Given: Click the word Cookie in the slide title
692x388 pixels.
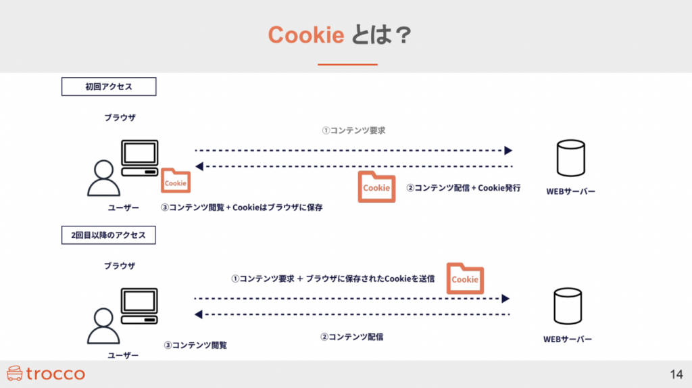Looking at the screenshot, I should [x=306, y=34].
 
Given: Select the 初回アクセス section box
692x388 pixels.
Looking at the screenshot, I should [x=109, y=87].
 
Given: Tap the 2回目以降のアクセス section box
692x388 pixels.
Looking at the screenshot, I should [x=109, y=235].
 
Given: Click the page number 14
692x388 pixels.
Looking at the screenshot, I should [x=676, y=374].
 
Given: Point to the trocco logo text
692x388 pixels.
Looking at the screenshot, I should [x=55, y=374].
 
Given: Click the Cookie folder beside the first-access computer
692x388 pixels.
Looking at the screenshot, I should [x=175, y=182].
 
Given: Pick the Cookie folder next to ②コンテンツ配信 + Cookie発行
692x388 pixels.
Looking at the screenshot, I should [x=376, y=187].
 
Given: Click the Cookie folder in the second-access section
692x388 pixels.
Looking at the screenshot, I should [x=465, y=278].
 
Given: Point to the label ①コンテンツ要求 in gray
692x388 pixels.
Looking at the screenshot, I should [x=353, y=130].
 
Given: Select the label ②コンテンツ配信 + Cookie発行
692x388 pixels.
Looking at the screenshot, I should [x=463, y=188].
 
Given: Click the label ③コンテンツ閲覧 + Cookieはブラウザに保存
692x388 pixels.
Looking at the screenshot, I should [x=241, y=208].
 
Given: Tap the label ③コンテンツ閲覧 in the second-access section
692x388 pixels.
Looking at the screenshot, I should [x=195, y=345].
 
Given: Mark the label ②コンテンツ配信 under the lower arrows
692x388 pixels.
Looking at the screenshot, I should [x=351, y=336].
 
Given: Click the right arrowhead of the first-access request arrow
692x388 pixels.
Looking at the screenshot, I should [x=508, y=150].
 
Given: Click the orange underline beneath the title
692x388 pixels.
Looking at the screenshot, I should [x=347, y=64].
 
